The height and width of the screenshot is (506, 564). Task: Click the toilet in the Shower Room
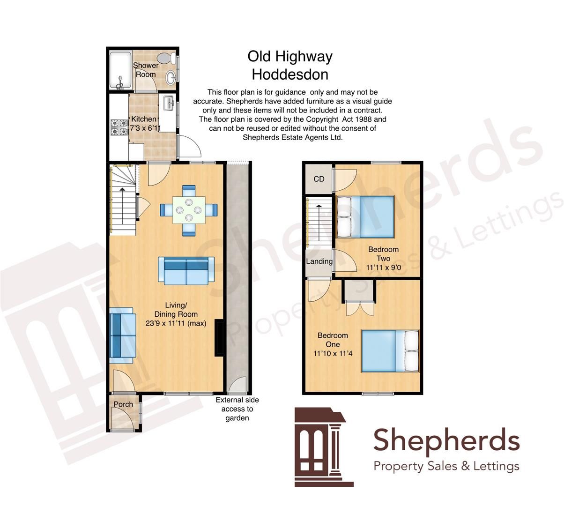click(166, 59)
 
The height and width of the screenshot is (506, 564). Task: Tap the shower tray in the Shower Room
click(121, 70)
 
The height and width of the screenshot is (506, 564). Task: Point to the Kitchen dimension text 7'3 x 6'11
click(145, 128)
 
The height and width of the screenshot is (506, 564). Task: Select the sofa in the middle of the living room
click(186, 270)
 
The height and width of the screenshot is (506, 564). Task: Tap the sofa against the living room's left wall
click(122, 335)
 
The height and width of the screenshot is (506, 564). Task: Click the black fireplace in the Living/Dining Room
click(218, 338)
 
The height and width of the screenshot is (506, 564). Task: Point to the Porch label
click(123, 404)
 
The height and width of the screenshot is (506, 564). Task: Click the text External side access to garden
click(237, 409)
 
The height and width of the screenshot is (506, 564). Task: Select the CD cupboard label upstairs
click(319, 179)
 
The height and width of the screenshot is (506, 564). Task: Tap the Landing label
click(319, 261)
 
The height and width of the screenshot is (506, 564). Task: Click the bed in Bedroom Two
click(365, 217)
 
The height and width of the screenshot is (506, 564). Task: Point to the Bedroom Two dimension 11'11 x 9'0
click(383, 268)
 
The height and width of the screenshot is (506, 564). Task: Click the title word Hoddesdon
click(290, 74)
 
